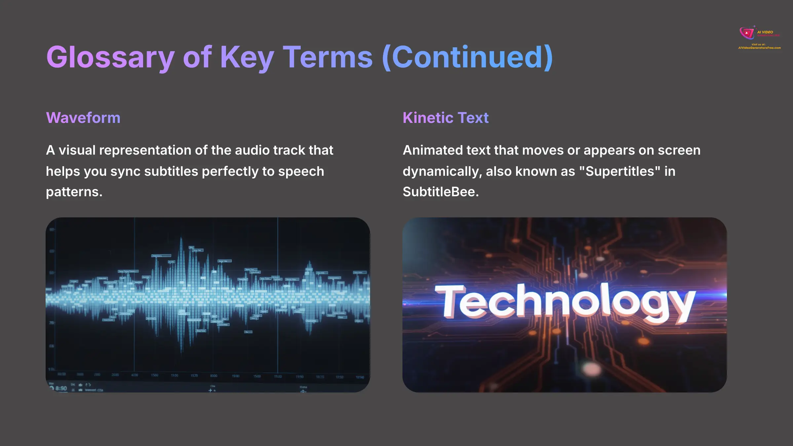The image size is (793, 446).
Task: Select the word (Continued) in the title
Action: tap(467, 57)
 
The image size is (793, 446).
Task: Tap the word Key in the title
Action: tap(247, 57)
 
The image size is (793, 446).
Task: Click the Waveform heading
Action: tap(83, 118)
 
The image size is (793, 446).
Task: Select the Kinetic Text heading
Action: tap(445, 118)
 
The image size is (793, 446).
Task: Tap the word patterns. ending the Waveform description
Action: tap(74, 192)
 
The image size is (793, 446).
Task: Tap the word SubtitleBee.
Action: tap(440, 192)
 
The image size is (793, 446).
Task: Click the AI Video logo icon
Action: tap(747, 33)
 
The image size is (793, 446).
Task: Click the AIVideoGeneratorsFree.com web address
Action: tap(759, 48)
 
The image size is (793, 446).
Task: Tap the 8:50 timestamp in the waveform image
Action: tap(61, 388)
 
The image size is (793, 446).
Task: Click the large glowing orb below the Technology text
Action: tap(591, 368)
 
